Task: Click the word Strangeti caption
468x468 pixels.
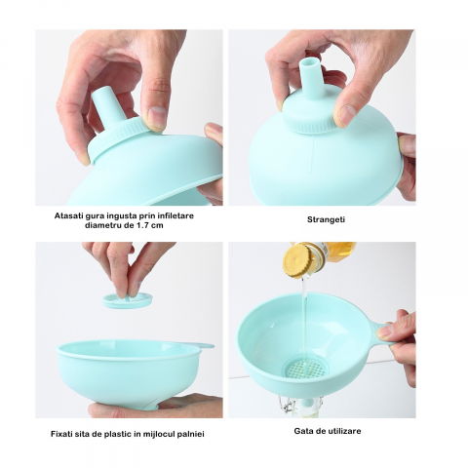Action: (x=326, y=219)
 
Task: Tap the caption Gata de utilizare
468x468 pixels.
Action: (x=327, y=430)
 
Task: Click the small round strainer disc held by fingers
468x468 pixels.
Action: (x=128, y=300)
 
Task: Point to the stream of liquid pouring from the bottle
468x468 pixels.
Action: (x=304, y=312)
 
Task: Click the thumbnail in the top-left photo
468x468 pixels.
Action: (x=156, y=118)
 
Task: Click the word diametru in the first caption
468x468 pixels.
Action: (x=104, y=223)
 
